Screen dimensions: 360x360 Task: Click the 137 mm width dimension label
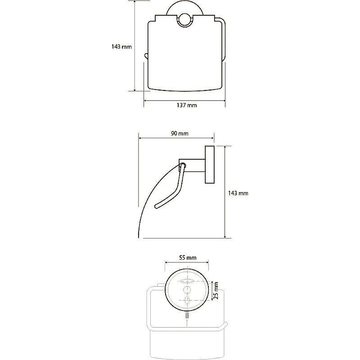tap(187, 105)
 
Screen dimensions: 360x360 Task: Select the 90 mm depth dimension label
tap(180, 133)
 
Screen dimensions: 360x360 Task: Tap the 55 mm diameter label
tap(188, 257)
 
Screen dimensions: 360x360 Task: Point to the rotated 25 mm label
tap(216, 291)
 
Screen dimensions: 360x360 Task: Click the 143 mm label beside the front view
tap(121, 47)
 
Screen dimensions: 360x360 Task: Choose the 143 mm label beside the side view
tap(238, 193)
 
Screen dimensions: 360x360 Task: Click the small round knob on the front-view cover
tap(184, 21)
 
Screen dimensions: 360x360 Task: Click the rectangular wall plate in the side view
tap(210, 165)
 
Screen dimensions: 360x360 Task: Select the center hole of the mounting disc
tap(187, 290)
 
